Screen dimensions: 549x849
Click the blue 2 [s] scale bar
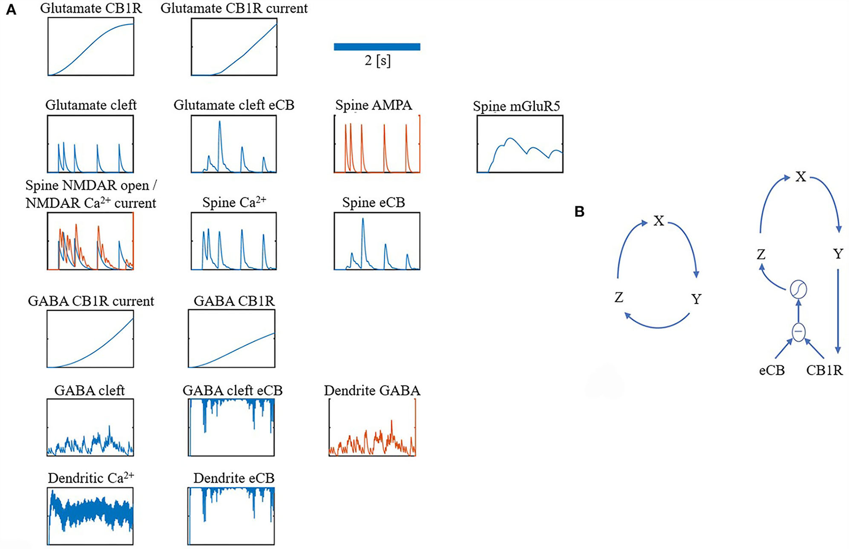coord(377,47)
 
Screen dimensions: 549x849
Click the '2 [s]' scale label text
coord(377,61)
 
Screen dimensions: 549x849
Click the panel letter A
coord(11,10)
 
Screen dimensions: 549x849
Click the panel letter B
coord(579,211)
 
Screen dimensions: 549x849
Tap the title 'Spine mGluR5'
coord(516,106)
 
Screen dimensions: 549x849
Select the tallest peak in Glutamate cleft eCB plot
coord(219,123)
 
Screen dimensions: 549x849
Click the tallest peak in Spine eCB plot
coord(363,220)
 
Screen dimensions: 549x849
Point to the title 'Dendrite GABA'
coord(372,390)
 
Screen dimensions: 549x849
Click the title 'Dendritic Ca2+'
coord(91,478)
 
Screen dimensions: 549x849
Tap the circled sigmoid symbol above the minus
coord(798,289)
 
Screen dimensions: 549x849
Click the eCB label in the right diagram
coord(771,371)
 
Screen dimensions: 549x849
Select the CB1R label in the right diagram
coord(824,371)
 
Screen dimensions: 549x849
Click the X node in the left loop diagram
coord(659,221)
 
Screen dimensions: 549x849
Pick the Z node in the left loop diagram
coord(619,298)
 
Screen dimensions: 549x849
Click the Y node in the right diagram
coord(838,254)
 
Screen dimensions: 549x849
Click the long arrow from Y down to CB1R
coord(838,312)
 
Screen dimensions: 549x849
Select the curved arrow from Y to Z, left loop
coord(657,326)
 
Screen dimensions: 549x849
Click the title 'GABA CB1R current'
coord(91,301)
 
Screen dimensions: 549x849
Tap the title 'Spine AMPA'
coord(373,105)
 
